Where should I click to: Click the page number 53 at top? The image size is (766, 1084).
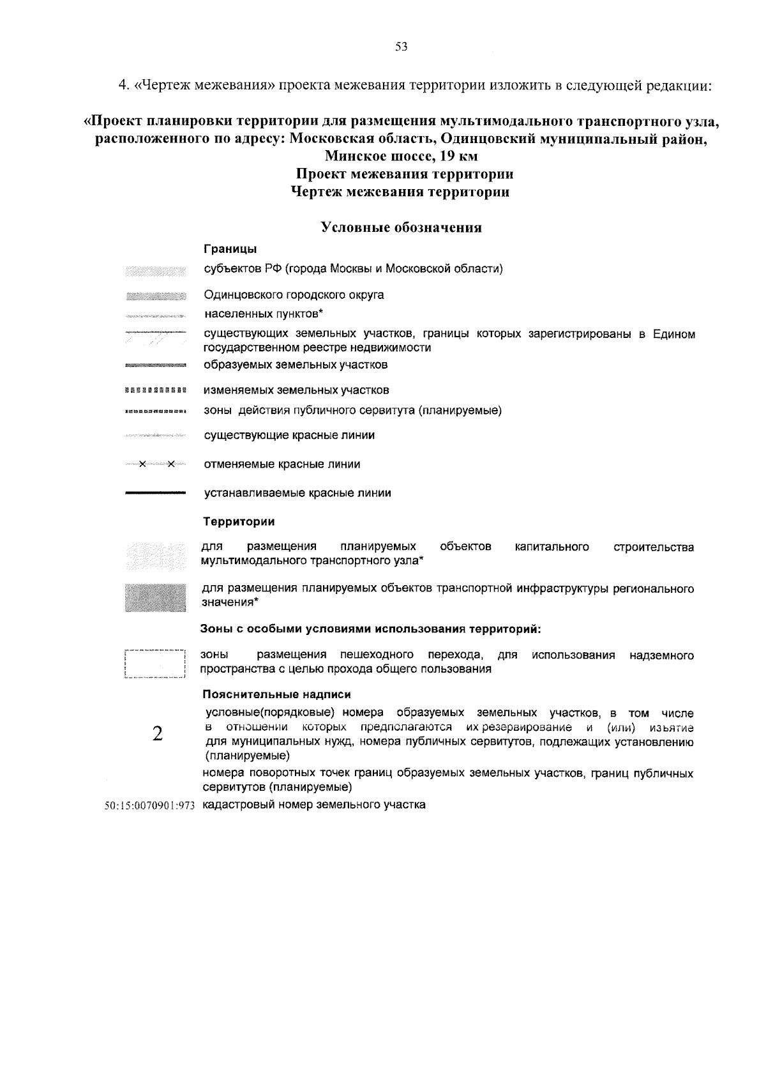tap(401, 46)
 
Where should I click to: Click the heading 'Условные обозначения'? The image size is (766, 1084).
tap(401, 228)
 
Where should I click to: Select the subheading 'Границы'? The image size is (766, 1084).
tap(230, 249)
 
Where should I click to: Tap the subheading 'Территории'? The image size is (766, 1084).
tap(239, 522)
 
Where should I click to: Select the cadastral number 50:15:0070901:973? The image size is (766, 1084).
tap(149, 805)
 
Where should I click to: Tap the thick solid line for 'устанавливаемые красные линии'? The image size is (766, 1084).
tap(155, 493)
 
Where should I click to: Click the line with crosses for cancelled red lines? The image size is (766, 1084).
tap(155, 464)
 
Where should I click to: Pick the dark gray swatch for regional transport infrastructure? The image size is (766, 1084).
tap(155, 598)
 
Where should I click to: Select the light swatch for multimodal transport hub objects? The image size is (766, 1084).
tap(155, 555)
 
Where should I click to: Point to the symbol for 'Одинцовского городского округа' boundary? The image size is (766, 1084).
tap(155, 296)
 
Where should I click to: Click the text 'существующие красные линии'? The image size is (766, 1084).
tap(289, 436)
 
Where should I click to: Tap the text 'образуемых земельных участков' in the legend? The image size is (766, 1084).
tap(296, 365)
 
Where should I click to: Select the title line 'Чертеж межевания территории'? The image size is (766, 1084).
tap(401, 192)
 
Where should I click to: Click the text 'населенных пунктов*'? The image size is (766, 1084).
tap(264, 314)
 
